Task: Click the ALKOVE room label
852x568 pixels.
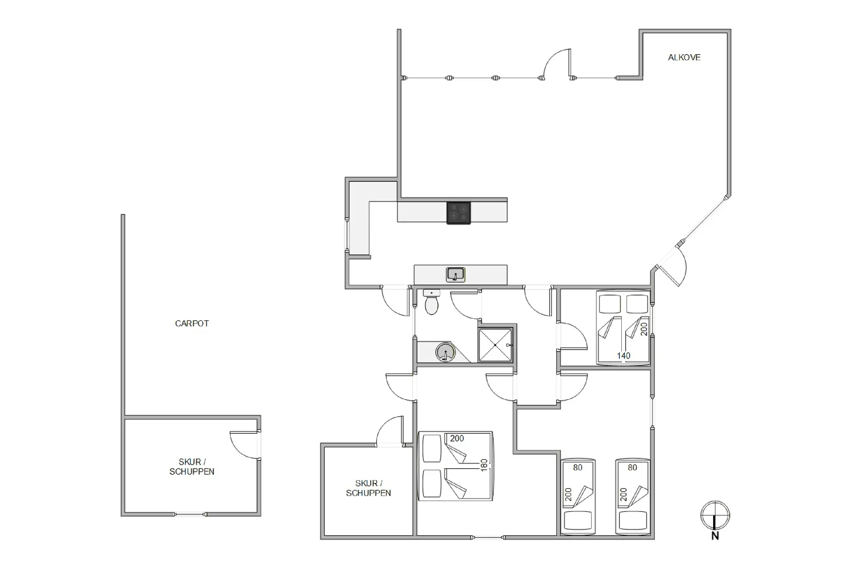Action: click(684, 57)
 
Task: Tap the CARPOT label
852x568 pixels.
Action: click(192, 323)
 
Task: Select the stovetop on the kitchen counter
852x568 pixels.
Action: click(458, 213)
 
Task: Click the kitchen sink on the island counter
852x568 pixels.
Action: click(455, 275)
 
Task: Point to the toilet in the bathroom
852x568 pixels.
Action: click(431, 302)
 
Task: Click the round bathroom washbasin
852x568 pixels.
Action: click(445, 353)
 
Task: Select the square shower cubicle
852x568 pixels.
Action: click(495, 345)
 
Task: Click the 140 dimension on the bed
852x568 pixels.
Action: click(623, 356)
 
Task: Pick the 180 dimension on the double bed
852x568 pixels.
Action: click(484, 465)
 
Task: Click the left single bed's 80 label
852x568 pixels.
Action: click(577, 467)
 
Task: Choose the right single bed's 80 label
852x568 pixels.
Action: click(632, 467)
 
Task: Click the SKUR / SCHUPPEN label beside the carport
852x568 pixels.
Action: click(192, 467)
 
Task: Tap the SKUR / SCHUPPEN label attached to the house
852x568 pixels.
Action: click(368, 488)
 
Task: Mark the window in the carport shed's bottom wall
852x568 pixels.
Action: click(189, 514)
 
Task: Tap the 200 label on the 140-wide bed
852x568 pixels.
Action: click(644, 329)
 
